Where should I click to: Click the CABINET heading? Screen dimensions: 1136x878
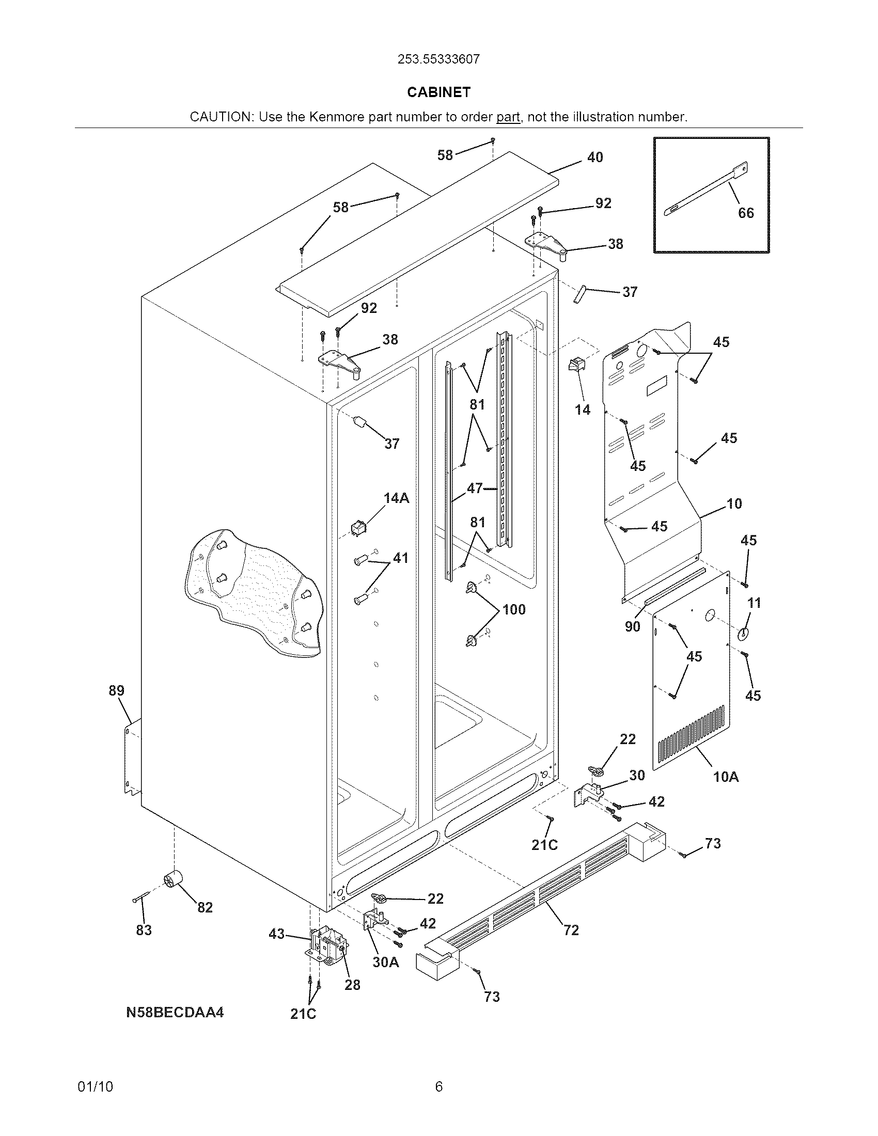438,92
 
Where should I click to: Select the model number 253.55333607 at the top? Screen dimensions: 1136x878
438,59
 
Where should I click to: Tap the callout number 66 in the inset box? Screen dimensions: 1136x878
746,213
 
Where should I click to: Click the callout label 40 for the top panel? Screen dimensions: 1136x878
595,157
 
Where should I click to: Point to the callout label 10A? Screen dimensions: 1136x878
726,777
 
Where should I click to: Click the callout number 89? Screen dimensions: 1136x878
117,691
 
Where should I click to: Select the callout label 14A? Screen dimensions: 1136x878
396,498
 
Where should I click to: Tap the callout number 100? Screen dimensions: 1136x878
514,610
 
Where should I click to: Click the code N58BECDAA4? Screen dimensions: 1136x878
175,1013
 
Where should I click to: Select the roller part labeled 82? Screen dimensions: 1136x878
172,879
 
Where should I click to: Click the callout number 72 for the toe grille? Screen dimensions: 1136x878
571,930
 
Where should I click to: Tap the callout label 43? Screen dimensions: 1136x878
277,934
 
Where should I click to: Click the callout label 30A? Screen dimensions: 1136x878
386,963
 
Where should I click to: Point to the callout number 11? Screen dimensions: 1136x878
754,603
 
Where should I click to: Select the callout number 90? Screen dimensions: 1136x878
632,627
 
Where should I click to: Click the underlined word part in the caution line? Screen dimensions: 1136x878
508,117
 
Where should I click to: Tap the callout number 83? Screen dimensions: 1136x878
144,930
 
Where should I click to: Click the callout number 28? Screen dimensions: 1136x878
352,985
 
